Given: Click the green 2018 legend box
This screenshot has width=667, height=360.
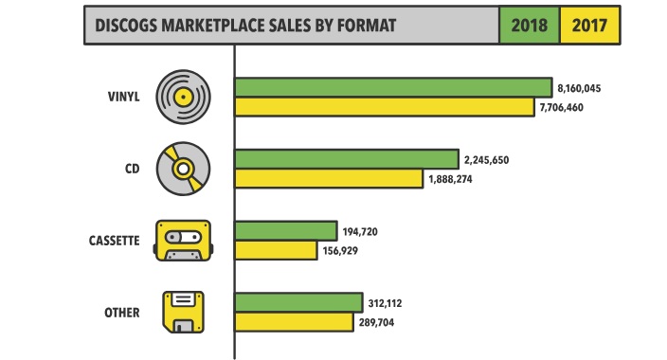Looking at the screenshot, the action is click(530, 26).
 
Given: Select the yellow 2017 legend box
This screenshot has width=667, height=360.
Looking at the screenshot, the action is click(589, 26).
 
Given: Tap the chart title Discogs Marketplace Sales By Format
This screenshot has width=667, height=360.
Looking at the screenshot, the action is click(245, 26).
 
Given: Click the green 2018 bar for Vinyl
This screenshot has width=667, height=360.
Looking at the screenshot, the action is click(393, 88).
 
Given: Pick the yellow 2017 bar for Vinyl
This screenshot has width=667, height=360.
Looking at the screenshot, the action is click(385, 107).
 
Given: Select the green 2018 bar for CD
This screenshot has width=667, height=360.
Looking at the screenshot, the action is click(347, 159).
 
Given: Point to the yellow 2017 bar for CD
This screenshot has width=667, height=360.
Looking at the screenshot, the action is click(329, 178).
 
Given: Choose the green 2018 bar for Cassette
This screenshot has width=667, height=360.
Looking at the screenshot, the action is click(286, 231).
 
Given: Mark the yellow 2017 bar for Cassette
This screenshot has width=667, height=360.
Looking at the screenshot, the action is click(276, 250).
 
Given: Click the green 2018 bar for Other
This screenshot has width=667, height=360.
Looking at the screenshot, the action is click(298, 302).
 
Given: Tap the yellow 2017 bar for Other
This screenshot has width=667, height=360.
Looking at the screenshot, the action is click(294, 322).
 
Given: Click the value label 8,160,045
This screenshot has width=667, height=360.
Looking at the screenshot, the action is click(579, 88).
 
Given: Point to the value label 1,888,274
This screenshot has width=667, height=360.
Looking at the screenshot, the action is click(450, 179).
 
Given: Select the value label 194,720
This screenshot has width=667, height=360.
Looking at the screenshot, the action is click(360, 232).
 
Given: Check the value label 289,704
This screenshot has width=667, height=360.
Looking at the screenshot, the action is click(376, 322).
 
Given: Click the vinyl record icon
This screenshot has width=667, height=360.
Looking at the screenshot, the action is click(183, 97).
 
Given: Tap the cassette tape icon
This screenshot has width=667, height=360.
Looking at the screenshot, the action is click(183, 241).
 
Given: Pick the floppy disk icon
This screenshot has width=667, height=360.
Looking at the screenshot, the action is click(184, 312).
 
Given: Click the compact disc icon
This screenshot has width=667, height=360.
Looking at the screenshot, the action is click(183, 169).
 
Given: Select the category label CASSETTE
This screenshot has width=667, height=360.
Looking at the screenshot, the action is click(114, 241).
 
